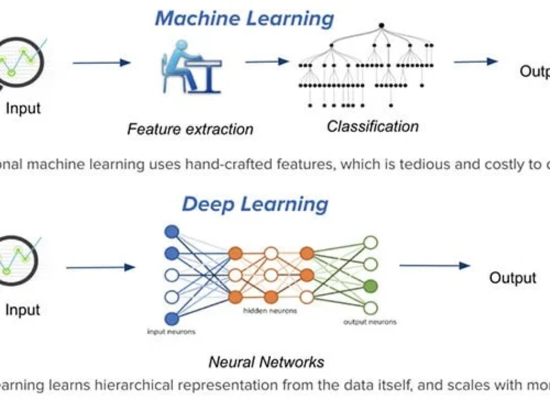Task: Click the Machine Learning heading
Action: [244, 18]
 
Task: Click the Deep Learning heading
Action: [255, 204]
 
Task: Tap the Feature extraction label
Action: [190, 129]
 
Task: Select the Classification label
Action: [372, 126]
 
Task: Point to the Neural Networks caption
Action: [266, 362]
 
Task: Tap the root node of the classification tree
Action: [381, 25]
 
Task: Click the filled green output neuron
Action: [371, 286]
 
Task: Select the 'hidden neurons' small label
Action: [269, 311]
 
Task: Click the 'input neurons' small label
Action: [171, 331]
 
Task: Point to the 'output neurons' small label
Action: [370, 322]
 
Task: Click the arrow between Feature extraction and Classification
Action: [267, 62]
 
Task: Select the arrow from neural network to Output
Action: [434, 266]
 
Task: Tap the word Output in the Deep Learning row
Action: [513, 277]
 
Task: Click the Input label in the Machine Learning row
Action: [23, 108]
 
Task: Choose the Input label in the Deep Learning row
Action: [23, 310]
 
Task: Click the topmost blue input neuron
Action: [172, 232]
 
